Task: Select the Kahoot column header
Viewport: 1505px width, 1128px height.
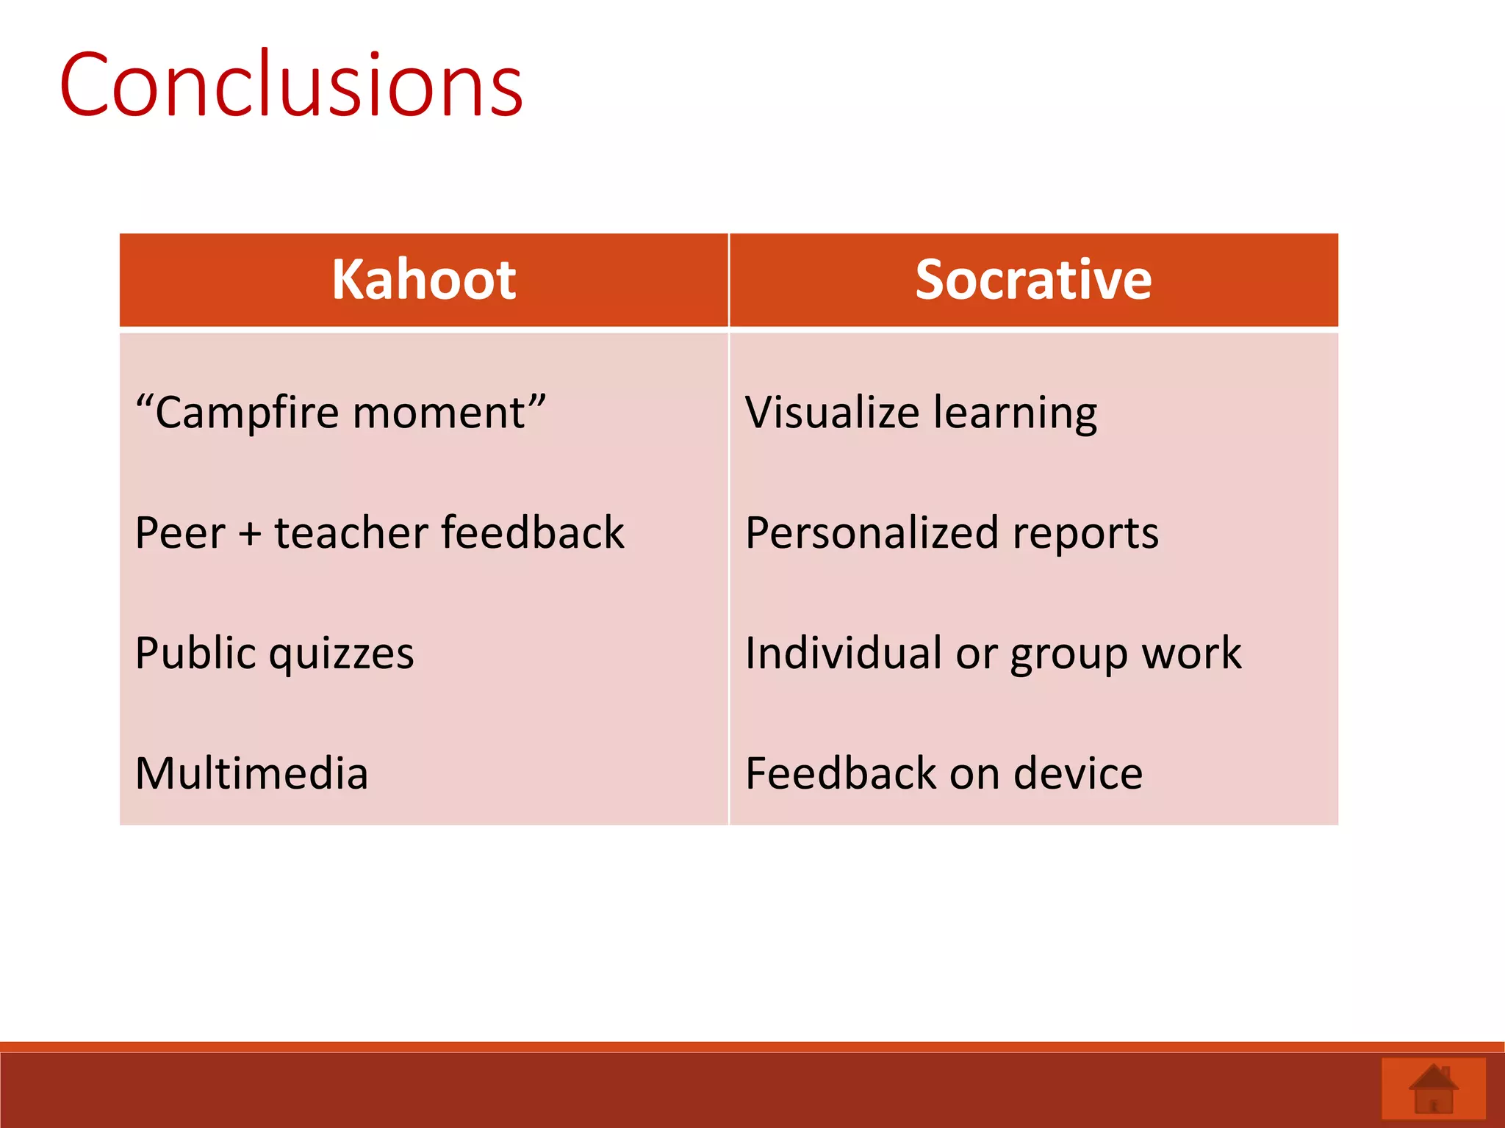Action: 423,281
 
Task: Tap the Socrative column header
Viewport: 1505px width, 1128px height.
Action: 1032,281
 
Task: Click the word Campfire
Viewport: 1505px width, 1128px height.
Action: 247,413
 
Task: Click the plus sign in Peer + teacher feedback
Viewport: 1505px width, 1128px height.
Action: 250,534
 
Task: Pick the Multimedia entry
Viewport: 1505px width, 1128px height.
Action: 251,773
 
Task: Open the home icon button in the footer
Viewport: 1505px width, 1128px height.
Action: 1433,1089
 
